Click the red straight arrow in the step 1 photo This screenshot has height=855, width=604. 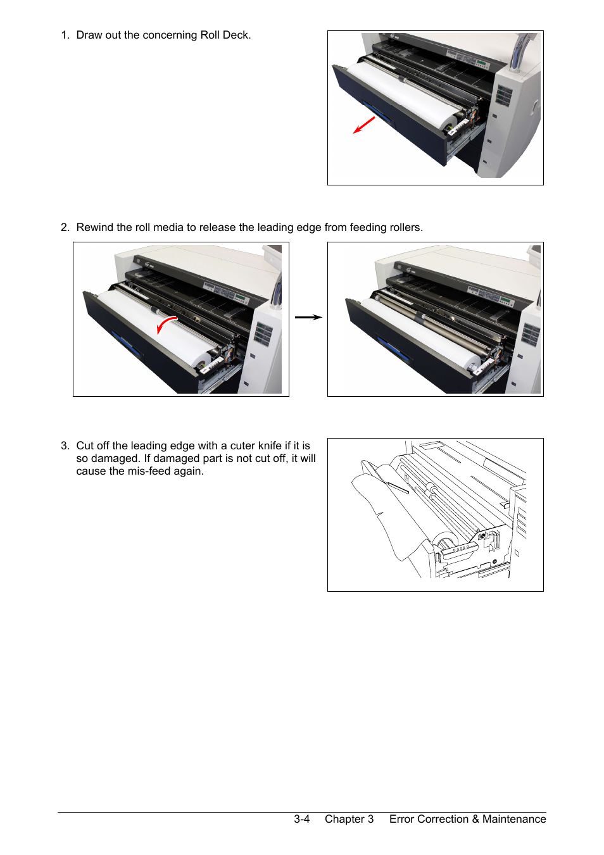(x=364, y=125)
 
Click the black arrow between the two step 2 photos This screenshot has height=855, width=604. (x=308, y=317)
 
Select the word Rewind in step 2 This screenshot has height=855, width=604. (x=95, y=227)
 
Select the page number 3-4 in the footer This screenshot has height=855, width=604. (x=301, y=819)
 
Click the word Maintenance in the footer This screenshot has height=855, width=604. (x=514, y=819)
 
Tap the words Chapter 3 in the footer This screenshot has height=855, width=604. (x=349, y=819)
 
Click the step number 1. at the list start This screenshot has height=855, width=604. (x=65, y=35)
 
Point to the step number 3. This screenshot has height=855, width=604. (x=65, y=446)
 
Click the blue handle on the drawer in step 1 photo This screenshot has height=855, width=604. (x=377, y=111)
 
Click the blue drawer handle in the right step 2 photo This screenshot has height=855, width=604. (x=393, y=347)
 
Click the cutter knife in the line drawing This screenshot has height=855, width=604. (x=397, y=487)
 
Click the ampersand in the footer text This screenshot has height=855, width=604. (x=475, y=819)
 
